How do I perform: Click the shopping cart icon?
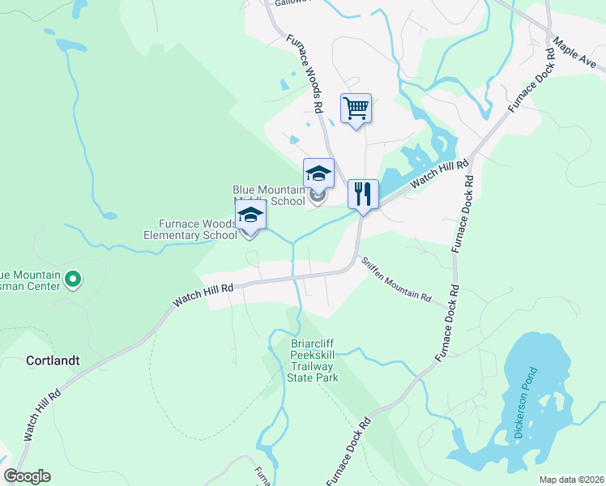tap(356, 108)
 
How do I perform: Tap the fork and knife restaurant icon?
tap(362, 194)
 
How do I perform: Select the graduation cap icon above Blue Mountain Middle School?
tap(318, 173)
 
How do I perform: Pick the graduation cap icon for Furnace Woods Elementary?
tap(251, 215)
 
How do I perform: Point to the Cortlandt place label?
tap(53, 360)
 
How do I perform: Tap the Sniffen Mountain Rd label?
tap(395, 280)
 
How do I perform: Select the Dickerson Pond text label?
tap(524, 403)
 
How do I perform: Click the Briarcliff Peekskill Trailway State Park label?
tap(315, 360)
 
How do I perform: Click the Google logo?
tap(27, 476)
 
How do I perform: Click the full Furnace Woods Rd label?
tap(305, 73)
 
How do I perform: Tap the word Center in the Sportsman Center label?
tap(43, 287)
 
